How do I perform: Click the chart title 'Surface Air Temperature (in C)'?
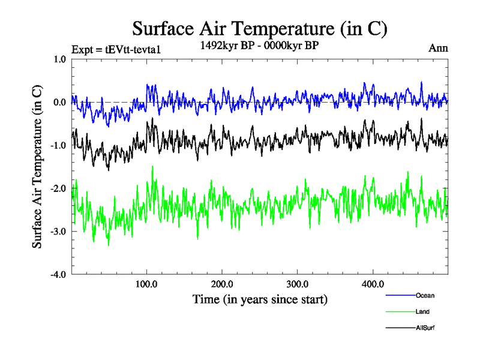[x=259, y=28]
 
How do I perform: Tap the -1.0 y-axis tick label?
[x=58, y=146]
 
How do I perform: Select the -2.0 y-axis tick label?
[x=58, y=189]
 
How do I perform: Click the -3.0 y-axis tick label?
[x=58, y=232]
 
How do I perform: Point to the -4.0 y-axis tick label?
[x=58, y=275]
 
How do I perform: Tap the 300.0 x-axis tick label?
[x=298, y=284]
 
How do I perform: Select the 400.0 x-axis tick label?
[x=373, y=284]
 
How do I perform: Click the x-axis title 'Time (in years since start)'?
[x=260, y=299]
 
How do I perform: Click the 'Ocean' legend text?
[x=425, y=295]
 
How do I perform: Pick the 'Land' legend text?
[x=422, y=311]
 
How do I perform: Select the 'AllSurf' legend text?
[x=425, y=328]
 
